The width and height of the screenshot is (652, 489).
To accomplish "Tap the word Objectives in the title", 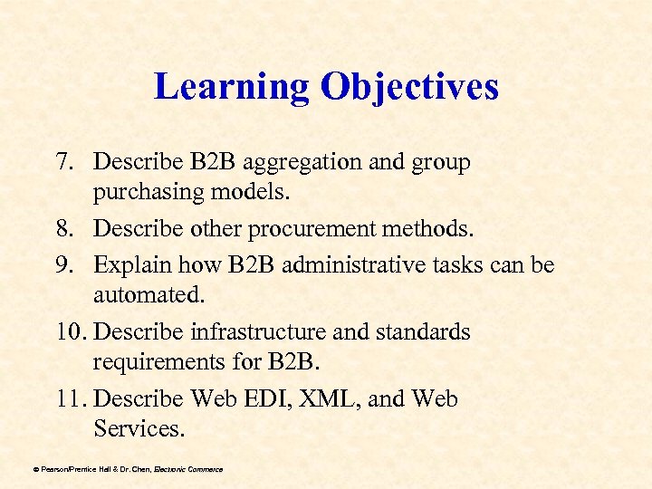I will click(409, 87).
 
